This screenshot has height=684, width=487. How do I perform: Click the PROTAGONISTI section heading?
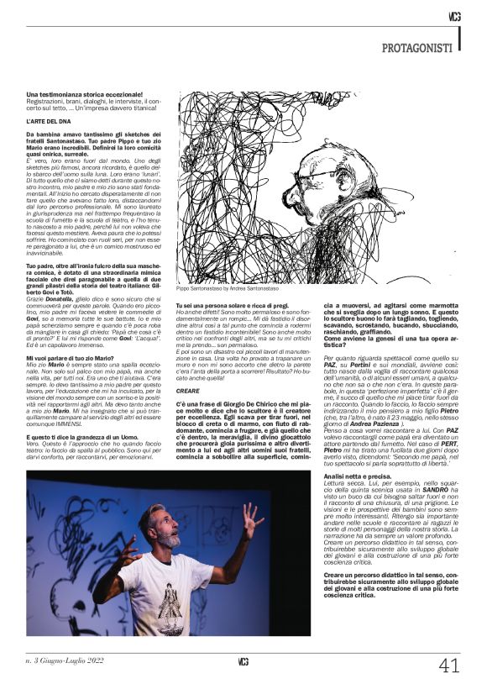pyautogui.click(x=416, y=49)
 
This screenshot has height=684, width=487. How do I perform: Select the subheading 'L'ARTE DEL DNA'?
pyautogui.click(x=49, y=122)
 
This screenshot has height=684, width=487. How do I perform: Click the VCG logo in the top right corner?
pyautogui.click(x=454, y=16)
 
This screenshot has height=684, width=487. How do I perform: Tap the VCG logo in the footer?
pyautogui.click(x=243, y=661)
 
